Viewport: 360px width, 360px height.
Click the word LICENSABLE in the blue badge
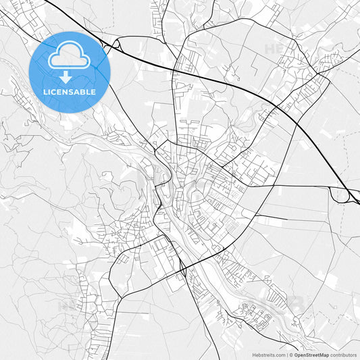pyautogui.click(x=70, y=91)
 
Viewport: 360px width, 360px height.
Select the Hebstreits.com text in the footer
pyautogui.click(x=269, y=355)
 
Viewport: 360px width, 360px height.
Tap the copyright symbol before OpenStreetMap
pyautogui.click(x=291, y=355)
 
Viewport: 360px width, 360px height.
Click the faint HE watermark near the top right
pyautogui.click(x=274, y=49)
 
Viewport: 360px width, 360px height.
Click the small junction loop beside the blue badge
pyautogui.click(x=116, y=44)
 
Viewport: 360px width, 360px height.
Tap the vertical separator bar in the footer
pyautogui.click(x=286, y=355)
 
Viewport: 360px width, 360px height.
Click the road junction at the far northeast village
pyautogui.click(x=329, y=59)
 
